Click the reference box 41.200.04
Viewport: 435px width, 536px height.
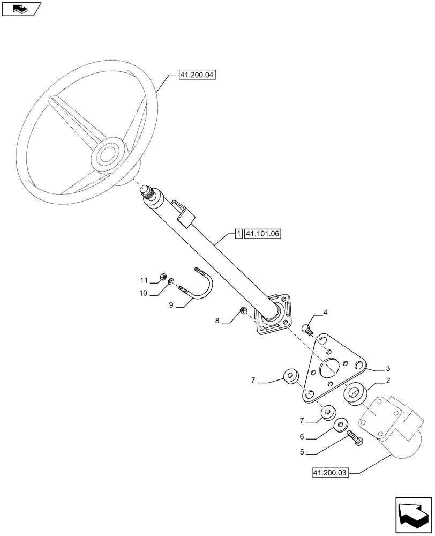click(x=196, y=76)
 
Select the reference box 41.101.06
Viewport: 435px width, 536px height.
click(x=263, y=234)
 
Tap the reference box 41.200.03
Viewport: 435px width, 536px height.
click(x=329, y=473)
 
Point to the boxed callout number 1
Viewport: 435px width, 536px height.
click(x=238, y=234)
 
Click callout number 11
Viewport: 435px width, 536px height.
click(x=144, y=280)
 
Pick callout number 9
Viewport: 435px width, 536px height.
click(x=171, y=305)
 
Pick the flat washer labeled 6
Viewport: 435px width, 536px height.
click(x=339, y=426)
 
